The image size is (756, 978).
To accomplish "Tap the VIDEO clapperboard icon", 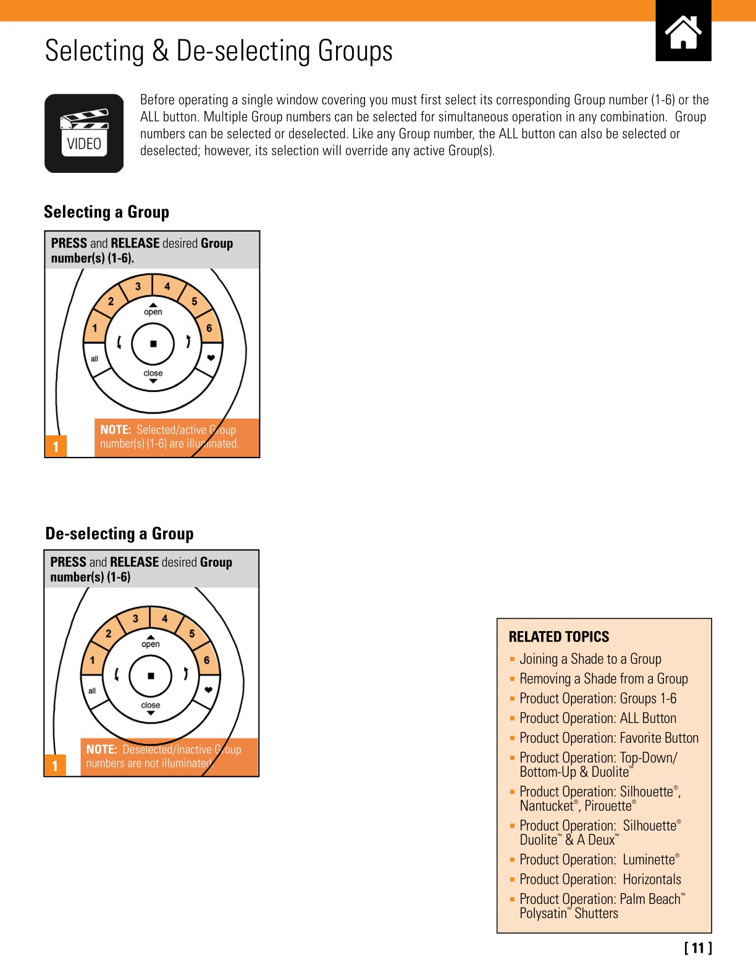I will pyautogui.click(x=84, y=133).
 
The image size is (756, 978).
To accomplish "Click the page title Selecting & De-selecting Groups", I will pyautogui.click(x=219, y=51).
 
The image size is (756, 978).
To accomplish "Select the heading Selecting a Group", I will pyautogui.click(x=106, y=212).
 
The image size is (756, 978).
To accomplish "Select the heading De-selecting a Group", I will pyautogui.click(x=119, y=533).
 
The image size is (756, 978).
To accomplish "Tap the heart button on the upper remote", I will pyautogui.click(x=211, y=358).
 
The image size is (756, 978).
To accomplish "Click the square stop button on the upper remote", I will pyautogui.click(x=153, y=344).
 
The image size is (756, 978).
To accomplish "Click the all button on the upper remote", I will pyautogui.click(x=94, y=359).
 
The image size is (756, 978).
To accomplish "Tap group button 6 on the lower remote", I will pyautogui.click(x=207, y=660).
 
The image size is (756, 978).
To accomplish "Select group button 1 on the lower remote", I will pyautogui.click(x=93, y=660).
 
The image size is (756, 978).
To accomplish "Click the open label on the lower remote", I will pyautogui.click(x=151, y=644).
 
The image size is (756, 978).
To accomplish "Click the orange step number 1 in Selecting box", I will pyautogui.click(x=56, y=446).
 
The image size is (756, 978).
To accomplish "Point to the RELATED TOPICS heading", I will pyautogui.click(x=558, y=637).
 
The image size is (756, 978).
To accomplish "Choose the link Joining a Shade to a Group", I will pyautogui.click(x=590, y=659).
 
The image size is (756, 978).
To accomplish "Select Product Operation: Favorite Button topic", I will pyautogui.click(x=608, y=738).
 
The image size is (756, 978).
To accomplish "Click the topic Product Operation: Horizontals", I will pyautogui.click(x=600, y=879).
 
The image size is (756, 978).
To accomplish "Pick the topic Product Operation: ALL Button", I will pyautogui.click(x=597, y=718).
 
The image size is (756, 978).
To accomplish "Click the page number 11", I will pyautogui.click(x=698, y=948).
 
